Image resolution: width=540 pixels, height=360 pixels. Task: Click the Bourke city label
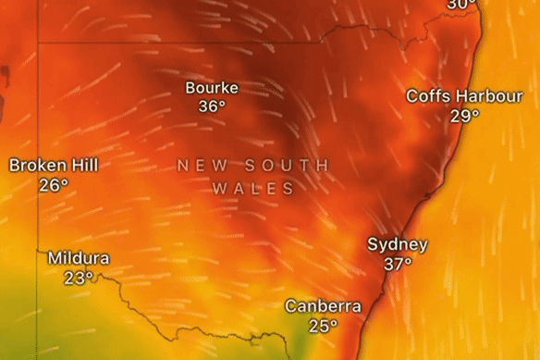[212, 88]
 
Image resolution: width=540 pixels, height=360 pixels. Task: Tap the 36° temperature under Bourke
[212, 106]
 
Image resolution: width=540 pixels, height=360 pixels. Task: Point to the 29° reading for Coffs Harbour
[465, 116]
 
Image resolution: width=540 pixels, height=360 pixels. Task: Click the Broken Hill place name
[54, 166]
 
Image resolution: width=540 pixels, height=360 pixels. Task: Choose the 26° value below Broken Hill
[54, 185]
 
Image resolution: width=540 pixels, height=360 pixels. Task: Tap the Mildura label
[79, 258]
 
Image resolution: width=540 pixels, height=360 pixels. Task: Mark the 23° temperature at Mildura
[79, 277]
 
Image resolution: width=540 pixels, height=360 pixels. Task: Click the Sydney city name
[398, 244]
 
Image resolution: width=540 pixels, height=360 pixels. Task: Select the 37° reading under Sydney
[399, 264]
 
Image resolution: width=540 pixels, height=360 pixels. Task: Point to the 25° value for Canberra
[324, 325]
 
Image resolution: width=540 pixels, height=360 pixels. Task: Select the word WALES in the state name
[253, 188]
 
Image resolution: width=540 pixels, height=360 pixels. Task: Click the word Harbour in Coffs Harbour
[482, 96]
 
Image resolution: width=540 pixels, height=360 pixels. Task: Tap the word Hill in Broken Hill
[83, 166]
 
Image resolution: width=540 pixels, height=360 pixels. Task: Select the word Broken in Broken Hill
[37, 166]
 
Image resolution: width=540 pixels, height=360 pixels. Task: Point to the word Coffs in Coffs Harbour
[427, 96]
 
